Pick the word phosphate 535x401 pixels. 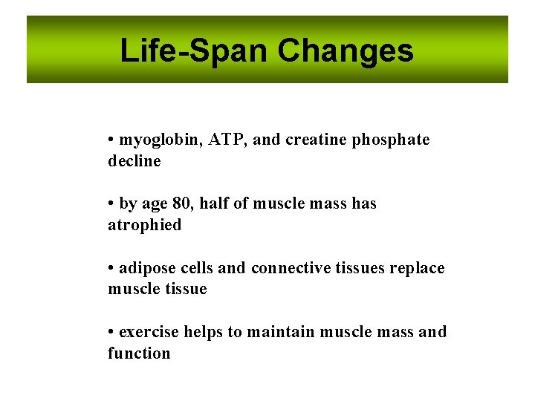(391, 140)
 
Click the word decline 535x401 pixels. (134, 161)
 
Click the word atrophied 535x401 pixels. (144, 225)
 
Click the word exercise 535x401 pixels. (149, 332)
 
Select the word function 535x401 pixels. (139, 353)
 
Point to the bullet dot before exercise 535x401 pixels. (110, 332)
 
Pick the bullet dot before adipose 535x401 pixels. (110, 268)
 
